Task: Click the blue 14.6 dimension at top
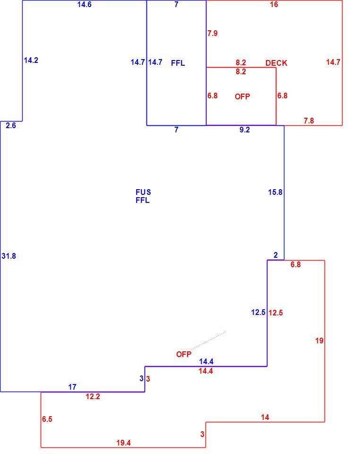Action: [85, 4]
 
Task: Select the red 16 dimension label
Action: [274, 4]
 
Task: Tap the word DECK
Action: [276, 63]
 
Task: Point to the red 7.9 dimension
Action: [213, 33]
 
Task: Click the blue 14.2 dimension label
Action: [31, 60]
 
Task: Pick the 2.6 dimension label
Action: [11, 126]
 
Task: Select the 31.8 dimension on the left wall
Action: [9, 256]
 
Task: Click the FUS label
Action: [143, 192]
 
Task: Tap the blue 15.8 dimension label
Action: [275, 192]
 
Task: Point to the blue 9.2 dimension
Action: [245, 130]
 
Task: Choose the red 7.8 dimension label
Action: [309, 121]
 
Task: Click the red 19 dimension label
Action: [319, 341]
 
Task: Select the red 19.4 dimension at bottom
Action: [123, 443]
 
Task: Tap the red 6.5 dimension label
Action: [47, 419]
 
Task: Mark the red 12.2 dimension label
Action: [93, 396]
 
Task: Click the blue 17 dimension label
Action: [72, 387]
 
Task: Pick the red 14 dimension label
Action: [265, 417]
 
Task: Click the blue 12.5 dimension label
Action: [258, 313]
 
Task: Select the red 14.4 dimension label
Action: [206, 371]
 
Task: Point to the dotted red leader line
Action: [209, 340]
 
